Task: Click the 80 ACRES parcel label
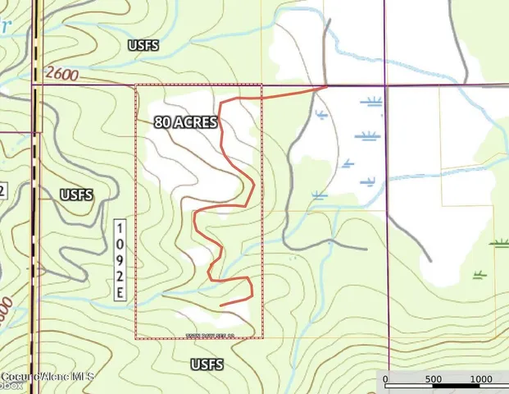pyautogui.click(x=186, y=122)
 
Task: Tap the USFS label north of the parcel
pyautogui.click(x=143, y=45)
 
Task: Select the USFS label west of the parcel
pyautogui.click(x=76, y=195)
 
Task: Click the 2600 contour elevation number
pyautogui.click(x=62, y=75)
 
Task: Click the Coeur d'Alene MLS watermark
pyautogui.click(x=47, y=377)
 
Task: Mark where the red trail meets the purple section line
pyautogui.click(x=327, y=85)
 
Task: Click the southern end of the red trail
pyautogui.click(x=221, y=306)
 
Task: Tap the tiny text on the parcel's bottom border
pyautogui.click(x=199, y=335)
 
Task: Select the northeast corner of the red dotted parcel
pyautogui.click(x=261, y=85)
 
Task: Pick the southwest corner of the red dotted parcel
pyautogui.click(x=135, y=337)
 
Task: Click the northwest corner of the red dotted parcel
pyautogui.click(x=135, y=85)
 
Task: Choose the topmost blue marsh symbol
pyautogui.click(x=374, y=102)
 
